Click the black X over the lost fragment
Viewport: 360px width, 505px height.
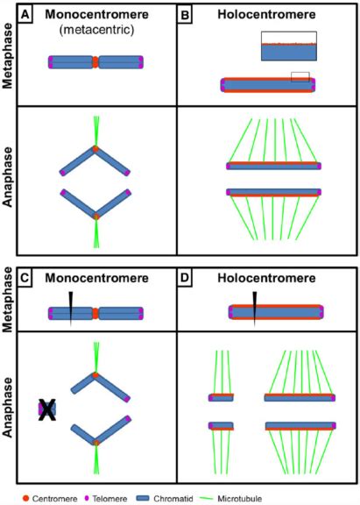pos(47,409)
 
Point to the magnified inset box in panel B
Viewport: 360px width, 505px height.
pos(288,46)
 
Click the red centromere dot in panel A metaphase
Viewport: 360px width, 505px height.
pos(96,62)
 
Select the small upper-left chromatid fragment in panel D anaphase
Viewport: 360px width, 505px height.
pos(221,397)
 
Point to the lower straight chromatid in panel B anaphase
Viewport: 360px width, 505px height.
pos(273,192)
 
